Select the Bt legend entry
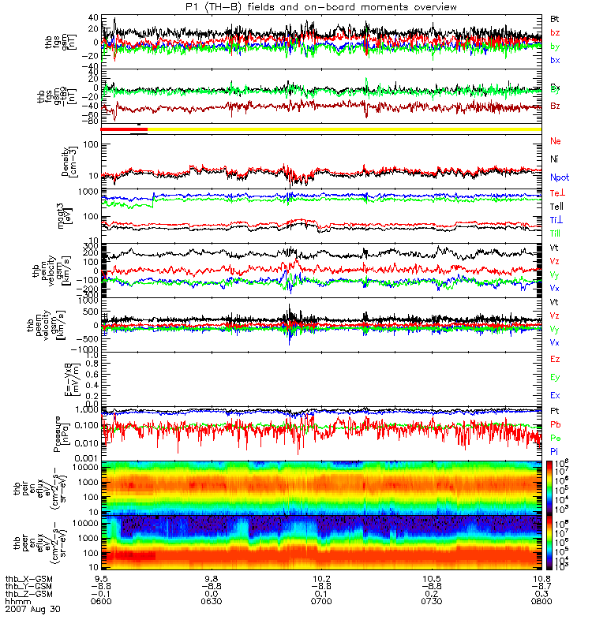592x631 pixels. point(556,18)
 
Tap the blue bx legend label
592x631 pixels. point(556,60)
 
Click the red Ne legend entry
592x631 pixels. point(556,140)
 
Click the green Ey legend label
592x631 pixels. point(556,377)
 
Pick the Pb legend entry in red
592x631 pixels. point(556,427)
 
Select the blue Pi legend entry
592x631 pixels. point(556,452)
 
